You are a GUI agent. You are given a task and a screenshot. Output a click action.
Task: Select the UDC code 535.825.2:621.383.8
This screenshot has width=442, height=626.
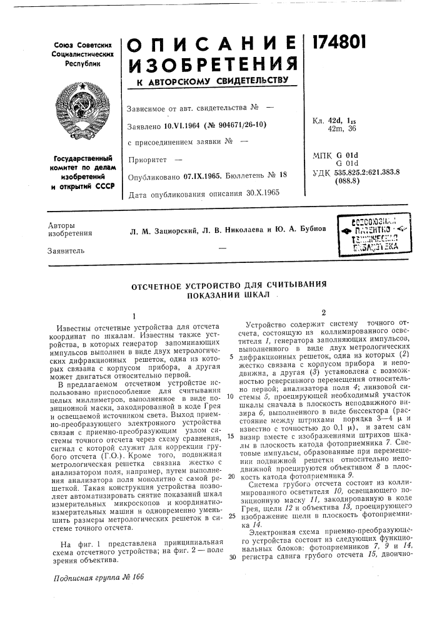coord(367,172)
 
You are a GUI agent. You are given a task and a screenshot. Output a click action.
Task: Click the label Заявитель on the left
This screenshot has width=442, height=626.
coord(66,250)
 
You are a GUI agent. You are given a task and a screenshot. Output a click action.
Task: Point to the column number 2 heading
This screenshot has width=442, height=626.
coord(323,312)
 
